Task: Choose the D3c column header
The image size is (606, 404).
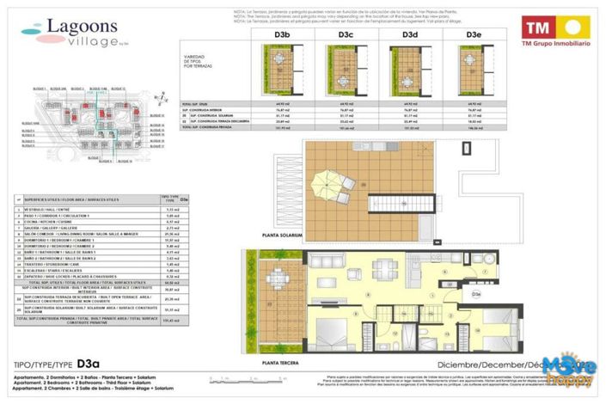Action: tap(346, 34)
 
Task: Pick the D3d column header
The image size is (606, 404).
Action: tap(410, 34)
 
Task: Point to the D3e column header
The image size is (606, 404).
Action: tap(474, 34)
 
